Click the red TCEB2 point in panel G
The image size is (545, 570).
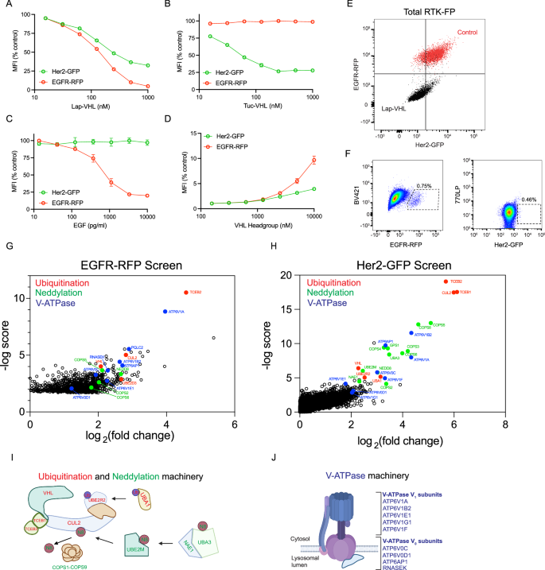pos(185,293)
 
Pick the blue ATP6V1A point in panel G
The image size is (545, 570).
pos(165,312)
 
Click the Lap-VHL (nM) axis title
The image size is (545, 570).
pos(109,106)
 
